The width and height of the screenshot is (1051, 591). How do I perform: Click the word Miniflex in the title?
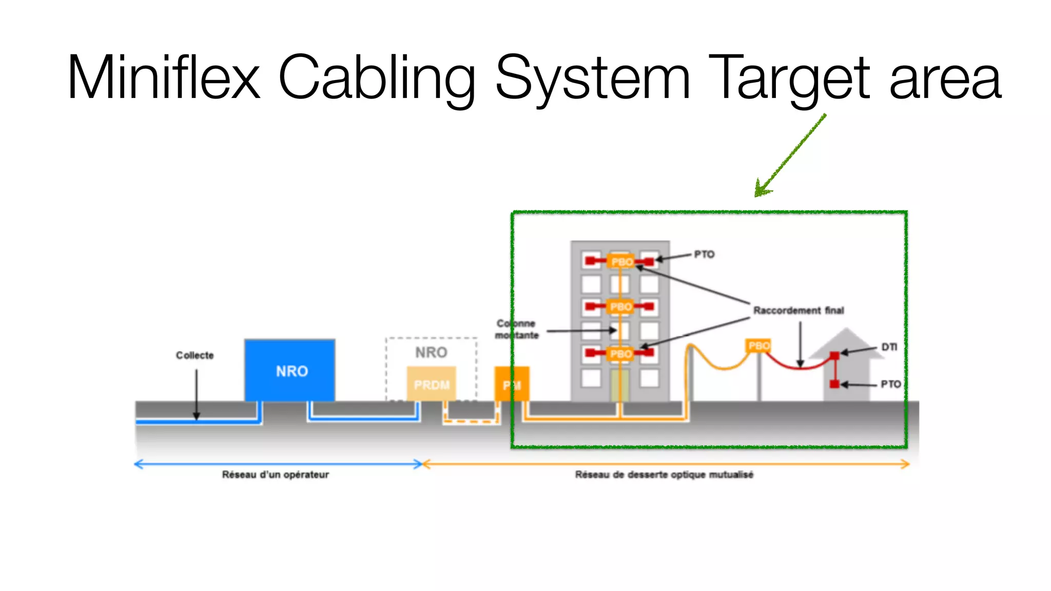163,78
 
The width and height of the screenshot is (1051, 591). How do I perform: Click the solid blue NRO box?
290,370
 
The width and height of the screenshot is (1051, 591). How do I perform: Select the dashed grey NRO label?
431,352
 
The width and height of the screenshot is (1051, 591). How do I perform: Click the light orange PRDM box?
431,384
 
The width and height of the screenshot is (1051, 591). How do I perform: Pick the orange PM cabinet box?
512,384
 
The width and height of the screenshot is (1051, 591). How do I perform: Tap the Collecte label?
194,355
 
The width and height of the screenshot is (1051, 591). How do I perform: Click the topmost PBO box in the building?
621,262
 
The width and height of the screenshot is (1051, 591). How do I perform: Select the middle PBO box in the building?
621,307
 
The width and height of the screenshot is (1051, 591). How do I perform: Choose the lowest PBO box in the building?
621,353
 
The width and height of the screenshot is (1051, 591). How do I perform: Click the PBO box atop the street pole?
758,346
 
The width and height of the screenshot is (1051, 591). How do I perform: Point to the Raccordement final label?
799,310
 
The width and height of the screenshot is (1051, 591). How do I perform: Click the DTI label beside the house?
889,347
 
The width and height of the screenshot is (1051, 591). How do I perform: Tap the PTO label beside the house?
890,384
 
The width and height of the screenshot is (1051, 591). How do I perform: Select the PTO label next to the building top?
704,254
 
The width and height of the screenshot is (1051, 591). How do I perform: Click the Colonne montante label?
516,329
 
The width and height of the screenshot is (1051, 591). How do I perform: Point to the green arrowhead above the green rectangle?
761,190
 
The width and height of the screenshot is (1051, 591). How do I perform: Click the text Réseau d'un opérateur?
275,475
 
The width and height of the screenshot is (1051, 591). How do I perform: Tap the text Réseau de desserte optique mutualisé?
664,475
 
